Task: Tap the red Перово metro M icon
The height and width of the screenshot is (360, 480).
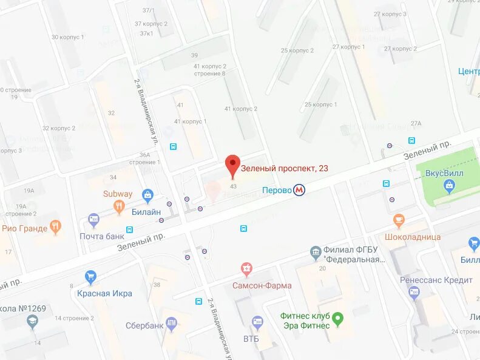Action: pyautogui.click(x=299, y=190)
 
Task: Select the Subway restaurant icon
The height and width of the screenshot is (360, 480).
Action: pyautogui.click(x=119, y=206)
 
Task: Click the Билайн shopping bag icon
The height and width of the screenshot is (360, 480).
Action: pyautogui.click(x=147, y=195)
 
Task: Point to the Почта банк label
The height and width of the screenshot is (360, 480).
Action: pyautogui.click(x=102, y=236)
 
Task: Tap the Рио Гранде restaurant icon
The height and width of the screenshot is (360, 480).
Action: pyautogui.click(x=56, y=228)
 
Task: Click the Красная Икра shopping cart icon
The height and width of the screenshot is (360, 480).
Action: pyautogui.click(x=90, y=277)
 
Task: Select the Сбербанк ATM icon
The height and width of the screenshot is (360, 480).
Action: pyautogui.click(x=171, y=324)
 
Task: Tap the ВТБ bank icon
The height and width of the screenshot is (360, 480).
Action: pyautogui.click(x=257, y=322)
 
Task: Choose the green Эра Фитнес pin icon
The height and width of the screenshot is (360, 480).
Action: pyautogui.click(x=339, y=318)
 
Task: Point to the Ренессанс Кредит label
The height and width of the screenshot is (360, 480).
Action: pyautogui.click(x=436, y=280)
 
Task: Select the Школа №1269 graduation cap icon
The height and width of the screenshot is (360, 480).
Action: pyautogui.click(x=32, y=322)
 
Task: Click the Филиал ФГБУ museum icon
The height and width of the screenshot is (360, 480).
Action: pyautogui.click(x=315, y=251)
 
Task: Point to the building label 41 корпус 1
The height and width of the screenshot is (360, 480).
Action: pyautogui.click(x=191, y=121)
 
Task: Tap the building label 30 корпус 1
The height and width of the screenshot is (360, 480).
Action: pyautogui.click(x=67, y=37)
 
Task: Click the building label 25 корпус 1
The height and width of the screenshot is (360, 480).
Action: pyautogui.click(x=320, y=104)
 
